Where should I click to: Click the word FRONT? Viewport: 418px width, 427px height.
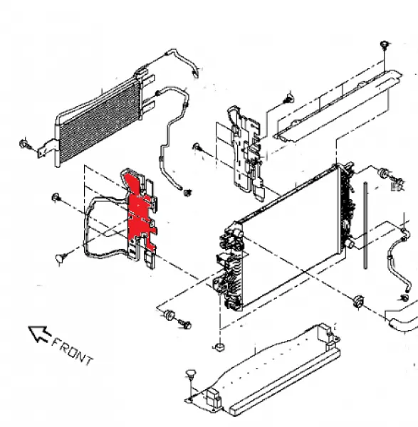click(72, 352)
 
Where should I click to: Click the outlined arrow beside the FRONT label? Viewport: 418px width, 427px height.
click(39, 334)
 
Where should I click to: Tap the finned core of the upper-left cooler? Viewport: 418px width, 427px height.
click(100, 121)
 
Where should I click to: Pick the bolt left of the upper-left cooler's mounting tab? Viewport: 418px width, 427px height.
click(24, 144)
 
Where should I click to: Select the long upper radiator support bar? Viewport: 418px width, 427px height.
click(338, 106)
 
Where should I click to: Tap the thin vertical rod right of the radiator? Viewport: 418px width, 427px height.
click(365, 226)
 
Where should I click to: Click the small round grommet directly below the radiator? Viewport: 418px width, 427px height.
click(219, 347)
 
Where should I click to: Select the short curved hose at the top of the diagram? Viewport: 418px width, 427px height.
click(183, 60)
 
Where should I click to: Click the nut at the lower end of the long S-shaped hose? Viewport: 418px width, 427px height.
click(187, 193)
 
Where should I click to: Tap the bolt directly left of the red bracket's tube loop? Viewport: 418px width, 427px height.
click(56, 197)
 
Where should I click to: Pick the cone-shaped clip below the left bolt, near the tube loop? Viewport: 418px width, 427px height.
click(61, 258)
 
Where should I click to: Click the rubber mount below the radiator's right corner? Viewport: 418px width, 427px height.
click(357, 302)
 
